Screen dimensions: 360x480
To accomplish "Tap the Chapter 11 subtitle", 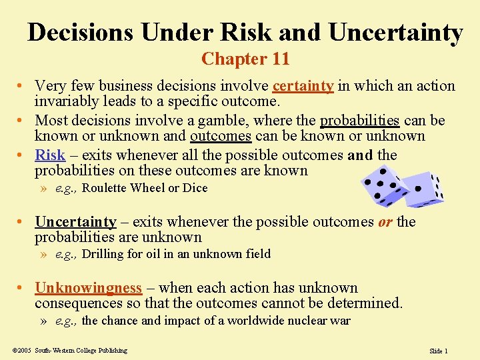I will click(245, 59).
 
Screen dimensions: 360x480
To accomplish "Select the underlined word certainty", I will click(303, 86).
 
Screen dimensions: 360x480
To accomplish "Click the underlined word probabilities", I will click(359, 121).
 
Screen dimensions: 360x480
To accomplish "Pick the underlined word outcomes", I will click(221, 136).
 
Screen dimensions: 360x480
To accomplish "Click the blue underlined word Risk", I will click(50, 155).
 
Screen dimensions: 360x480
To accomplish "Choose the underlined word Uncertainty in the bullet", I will click(75, 221).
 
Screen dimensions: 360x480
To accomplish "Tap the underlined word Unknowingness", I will click(88, 288).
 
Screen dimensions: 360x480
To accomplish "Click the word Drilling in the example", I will click(103, 254).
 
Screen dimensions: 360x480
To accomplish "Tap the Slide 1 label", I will click(438, 351).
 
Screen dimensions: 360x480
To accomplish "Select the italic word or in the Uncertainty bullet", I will click(385, 221).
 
